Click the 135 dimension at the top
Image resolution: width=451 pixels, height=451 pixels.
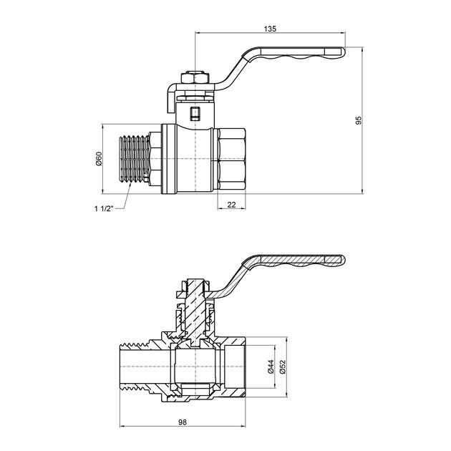(x=269, y=29)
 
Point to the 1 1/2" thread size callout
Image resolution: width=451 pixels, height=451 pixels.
(x=102, y=209)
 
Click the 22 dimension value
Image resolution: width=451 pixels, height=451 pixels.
(x=231, y=205)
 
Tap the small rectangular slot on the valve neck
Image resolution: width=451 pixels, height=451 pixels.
(x=196, y=112)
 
